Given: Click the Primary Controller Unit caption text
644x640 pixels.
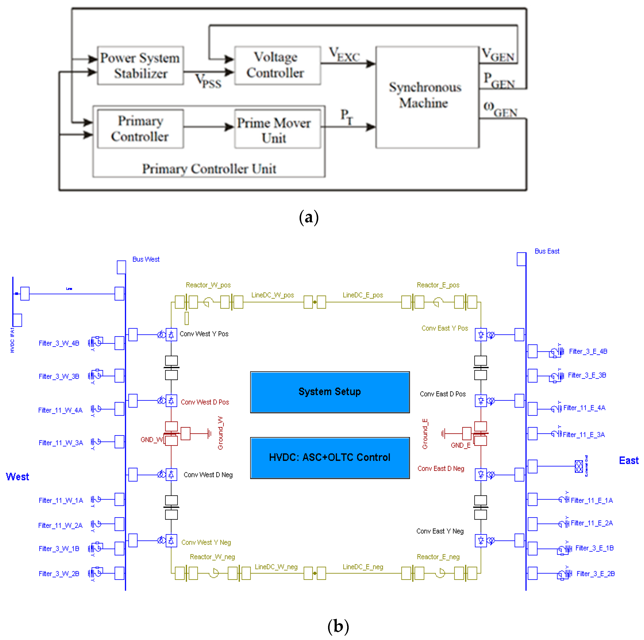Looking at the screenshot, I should click(x=209, y=169).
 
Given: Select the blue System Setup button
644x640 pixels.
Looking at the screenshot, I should click(x=330, y=392).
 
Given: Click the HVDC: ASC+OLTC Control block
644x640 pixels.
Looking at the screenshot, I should click(x=330, y=458).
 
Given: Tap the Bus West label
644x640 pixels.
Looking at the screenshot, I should click(x=146, y=259).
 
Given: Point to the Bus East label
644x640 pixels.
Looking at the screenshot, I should click(x=547, y=251).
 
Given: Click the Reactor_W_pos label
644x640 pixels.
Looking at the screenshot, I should click(x=208, y=285).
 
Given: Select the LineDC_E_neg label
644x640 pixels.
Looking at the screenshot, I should click(x=363, y=567).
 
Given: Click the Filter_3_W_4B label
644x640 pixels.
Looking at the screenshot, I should click(x=59, y=343).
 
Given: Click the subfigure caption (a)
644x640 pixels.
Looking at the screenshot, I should click(x=309, y=217).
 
